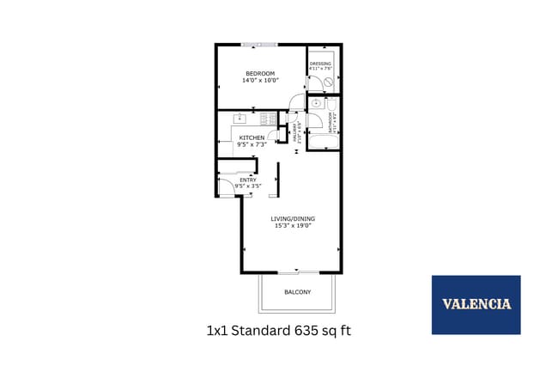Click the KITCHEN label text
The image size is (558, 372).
[252, 138]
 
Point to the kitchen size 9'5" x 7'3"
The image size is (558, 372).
[252, 145]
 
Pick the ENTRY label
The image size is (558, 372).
[247, 180]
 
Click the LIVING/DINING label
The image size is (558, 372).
[292, 219]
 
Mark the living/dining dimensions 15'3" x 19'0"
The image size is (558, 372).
[292, 226]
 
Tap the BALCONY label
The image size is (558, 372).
[297, 293]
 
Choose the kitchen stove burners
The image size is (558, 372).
[268, 119]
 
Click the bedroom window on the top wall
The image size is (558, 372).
[259, 44]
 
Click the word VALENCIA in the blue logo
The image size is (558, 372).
[476, 304]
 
